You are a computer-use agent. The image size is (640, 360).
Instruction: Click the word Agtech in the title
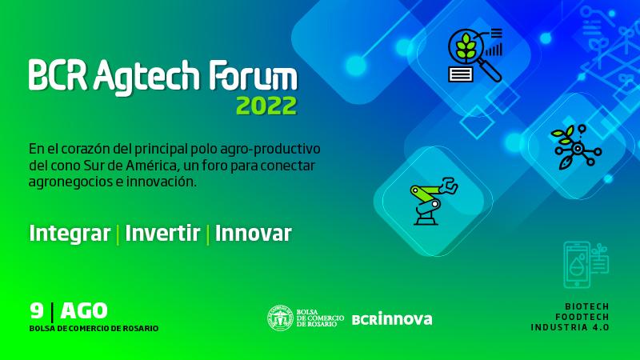tap(146, 77)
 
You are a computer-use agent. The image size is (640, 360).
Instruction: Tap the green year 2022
tap(266, 106)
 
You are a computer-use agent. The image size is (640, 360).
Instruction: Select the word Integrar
tap(70, 234)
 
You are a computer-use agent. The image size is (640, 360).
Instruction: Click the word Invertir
tap(162, 233)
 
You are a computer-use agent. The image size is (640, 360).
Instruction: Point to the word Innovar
tap(253, 233)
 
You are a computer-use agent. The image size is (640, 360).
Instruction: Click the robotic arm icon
tap(434, 201)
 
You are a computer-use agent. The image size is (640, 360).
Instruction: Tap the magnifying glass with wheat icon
tap(475, 55)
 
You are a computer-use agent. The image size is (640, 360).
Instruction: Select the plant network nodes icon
tap(576, 147)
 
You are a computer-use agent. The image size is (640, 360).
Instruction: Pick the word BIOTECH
tap(586, 306)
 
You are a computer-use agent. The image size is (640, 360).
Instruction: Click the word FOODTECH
tap(582, 317)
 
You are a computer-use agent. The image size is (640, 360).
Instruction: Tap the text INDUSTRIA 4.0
tap(570, 327)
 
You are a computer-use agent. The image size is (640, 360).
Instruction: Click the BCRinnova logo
tap(392, 318)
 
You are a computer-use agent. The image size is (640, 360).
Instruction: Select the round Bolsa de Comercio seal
tap(281, 318)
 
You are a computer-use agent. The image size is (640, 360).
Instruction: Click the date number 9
tap(36, 310)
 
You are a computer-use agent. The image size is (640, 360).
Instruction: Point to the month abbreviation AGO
tap(84, 311)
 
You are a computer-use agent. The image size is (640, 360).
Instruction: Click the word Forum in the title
tap(253, 75)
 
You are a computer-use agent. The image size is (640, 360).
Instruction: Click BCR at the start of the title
tap(58, 75)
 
